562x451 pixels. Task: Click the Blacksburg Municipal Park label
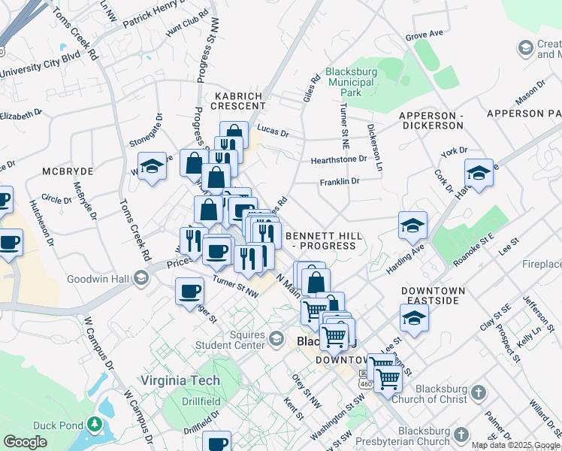click(355, 83)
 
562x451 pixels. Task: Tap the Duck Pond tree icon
click(94, 425)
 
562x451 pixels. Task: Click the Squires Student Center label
click(233, 340)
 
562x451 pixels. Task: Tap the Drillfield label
click(201, 401)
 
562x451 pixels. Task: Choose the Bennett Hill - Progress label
click(325, 241)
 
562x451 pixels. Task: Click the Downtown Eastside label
click(432, 295)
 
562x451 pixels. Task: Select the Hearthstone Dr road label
click(339, 159)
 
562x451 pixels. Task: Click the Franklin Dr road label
click(340, 181)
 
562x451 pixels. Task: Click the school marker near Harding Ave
click(412, 225)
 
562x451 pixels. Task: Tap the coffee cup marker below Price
click(189, 292)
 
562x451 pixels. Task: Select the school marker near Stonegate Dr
click(152, 166)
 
